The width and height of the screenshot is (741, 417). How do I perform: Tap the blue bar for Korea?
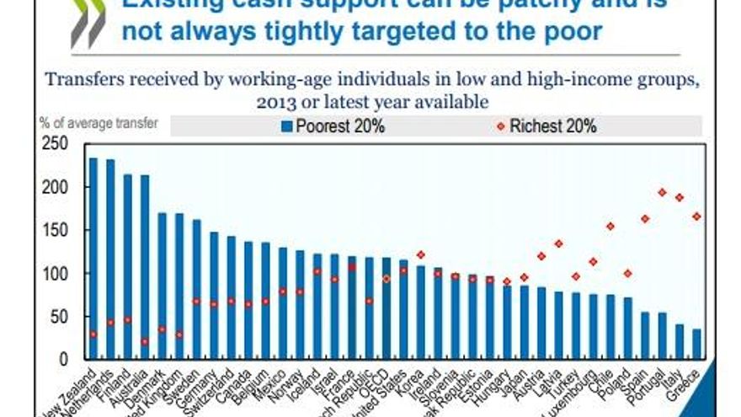coord(421,313)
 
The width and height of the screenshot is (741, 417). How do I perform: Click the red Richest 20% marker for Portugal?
coord(662,192)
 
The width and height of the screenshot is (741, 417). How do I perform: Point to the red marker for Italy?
coord(680,197)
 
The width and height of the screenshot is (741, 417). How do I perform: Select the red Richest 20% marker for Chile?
coord(610,226)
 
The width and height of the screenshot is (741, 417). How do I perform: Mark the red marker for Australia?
coord(144,341)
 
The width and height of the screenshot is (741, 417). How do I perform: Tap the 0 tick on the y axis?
coord(63,360)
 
